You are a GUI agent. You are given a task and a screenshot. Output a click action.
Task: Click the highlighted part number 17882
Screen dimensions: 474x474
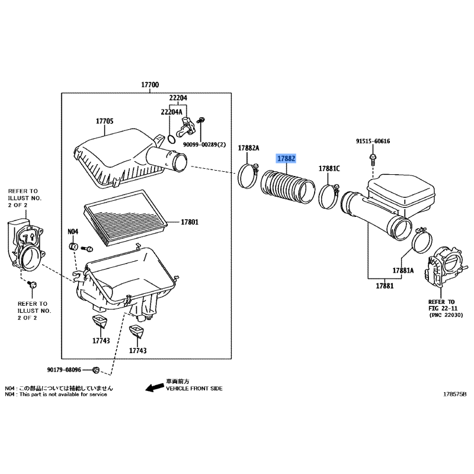286,158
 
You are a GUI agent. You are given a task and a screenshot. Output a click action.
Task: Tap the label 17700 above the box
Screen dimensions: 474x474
150,85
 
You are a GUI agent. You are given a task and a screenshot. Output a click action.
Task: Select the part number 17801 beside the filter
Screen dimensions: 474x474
190,222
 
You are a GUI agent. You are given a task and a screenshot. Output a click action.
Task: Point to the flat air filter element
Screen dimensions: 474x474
125,217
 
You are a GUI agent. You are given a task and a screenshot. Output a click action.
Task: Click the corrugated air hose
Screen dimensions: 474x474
287,187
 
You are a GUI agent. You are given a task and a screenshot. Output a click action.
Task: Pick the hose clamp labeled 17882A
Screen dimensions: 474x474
248,175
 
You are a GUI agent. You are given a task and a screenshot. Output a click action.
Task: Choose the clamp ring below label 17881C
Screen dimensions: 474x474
329,197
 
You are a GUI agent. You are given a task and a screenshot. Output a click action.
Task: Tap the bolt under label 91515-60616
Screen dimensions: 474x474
373,159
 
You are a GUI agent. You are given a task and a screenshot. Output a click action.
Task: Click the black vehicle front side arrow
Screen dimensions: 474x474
155,387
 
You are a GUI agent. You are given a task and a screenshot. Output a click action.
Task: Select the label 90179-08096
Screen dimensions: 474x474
64,370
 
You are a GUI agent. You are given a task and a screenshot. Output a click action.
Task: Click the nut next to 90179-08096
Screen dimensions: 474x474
95,370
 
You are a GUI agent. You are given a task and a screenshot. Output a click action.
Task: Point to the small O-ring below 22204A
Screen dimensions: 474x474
171,139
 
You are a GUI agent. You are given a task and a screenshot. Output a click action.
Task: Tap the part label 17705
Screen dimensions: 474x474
105,121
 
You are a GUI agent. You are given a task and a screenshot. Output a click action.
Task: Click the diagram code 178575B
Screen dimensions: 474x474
454,394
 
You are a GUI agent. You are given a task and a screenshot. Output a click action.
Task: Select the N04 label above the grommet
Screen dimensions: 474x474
72,232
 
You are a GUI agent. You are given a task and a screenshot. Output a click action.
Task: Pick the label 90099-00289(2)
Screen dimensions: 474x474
204,145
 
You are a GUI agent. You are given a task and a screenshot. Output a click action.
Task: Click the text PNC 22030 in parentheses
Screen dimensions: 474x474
446,315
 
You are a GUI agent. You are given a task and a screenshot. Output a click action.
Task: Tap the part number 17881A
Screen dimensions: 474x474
403,270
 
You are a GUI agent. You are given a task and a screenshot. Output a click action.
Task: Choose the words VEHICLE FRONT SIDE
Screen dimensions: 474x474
194,389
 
